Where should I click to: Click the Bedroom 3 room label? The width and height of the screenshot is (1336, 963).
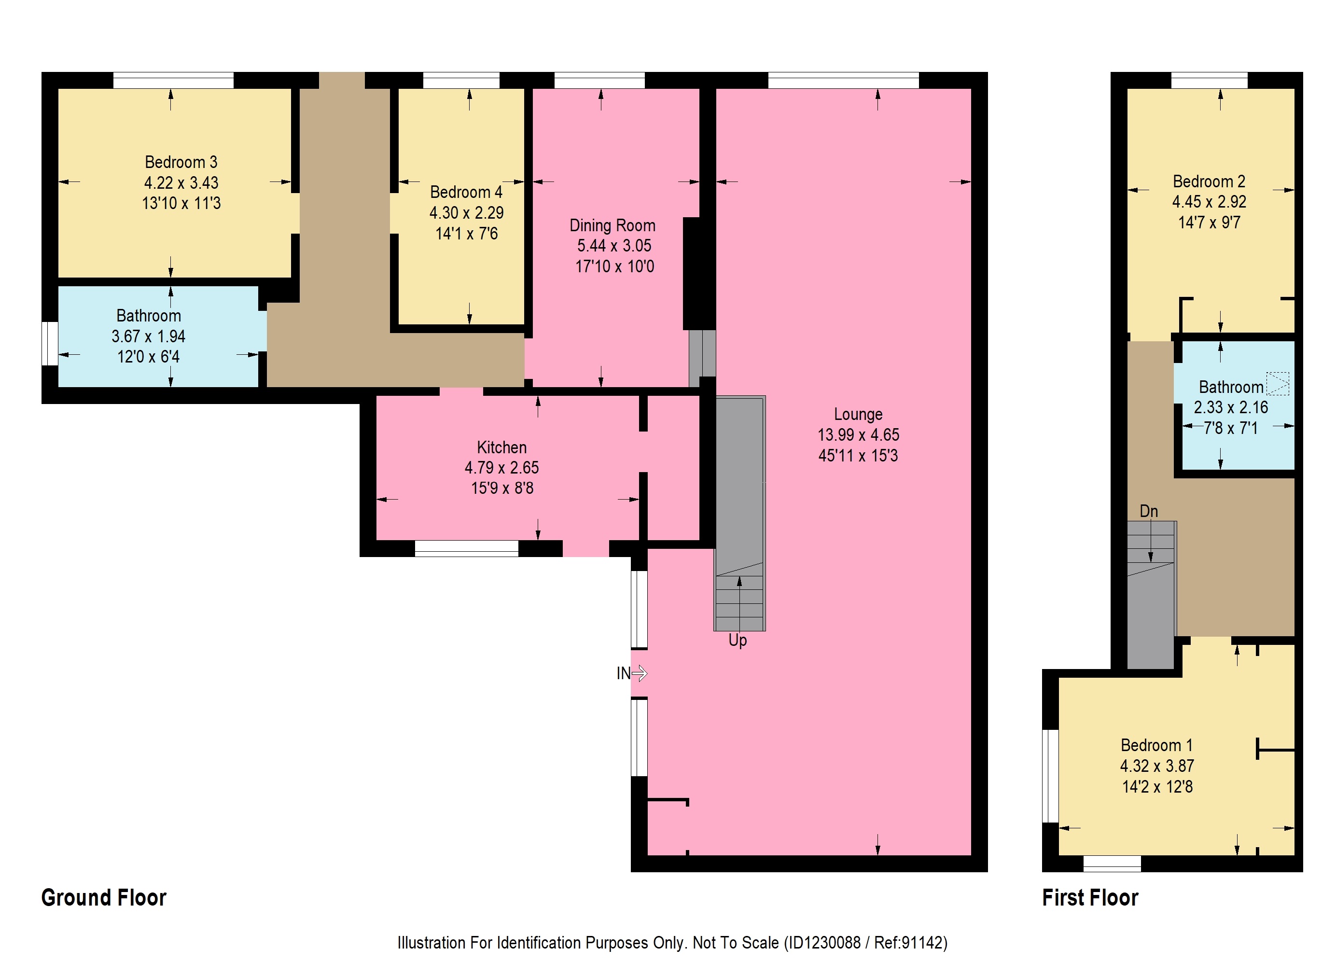[181, 162]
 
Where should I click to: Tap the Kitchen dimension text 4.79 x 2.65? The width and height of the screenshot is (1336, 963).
[502, 468]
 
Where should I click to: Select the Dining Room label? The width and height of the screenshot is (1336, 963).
[612, 225]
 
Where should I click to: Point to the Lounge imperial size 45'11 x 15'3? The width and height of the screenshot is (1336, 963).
[858, 455]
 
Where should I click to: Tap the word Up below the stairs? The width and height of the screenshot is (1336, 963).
[738, 640]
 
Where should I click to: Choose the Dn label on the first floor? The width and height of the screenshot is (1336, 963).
[1149, 511]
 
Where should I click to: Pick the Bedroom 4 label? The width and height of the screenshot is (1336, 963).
[466, 192]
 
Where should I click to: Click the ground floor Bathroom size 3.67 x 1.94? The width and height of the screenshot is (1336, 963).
[149, 336]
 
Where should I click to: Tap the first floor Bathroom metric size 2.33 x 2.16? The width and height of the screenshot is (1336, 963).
[1231, 407]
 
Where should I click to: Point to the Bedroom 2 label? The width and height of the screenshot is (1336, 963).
[1209, 181]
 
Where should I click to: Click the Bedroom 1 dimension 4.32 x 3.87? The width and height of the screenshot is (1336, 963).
[1157, 766]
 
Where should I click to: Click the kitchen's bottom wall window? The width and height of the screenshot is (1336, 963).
[467, 548]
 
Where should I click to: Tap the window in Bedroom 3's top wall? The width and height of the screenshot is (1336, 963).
[173, 80]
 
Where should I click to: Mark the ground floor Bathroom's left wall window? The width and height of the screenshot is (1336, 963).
[50, 343]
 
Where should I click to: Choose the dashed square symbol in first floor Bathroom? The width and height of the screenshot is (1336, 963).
[1278, 383]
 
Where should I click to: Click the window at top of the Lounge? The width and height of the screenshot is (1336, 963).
[844, 80]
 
